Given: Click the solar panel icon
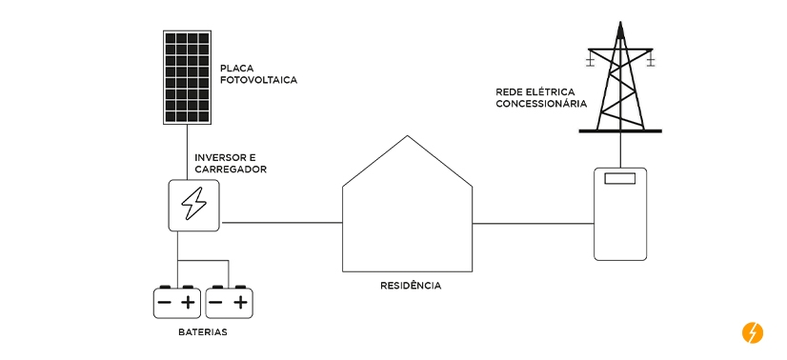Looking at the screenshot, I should (188, 78).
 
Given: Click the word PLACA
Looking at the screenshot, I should (236, 69).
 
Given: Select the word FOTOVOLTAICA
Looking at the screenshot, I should (258, 81).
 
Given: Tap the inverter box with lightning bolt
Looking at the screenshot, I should (193, 204).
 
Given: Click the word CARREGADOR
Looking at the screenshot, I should (230, 170).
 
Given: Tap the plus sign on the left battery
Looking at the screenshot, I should (189, 303).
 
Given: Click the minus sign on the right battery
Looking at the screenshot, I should (216, 303).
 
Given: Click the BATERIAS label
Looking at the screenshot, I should (203, 333).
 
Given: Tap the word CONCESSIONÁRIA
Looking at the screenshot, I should (540, 105).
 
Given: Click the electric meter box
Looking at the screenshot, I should (620, 213).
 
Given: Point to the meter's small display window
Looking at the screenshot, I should (620, 178).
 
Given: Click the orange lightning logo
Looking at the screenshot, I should (752, 332).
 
